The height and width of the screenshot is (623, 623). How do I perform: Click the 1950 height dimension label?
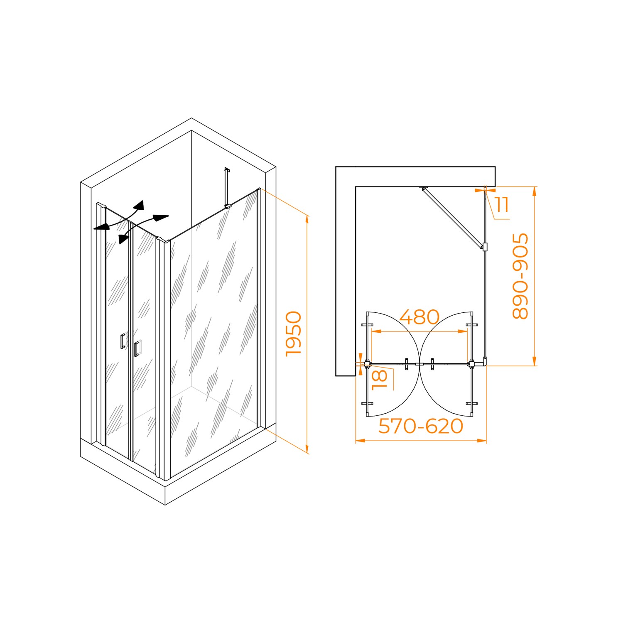pyautogui.click(x=294, y=334)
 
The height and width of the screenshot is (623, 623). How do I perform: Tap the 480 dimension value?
pyautogui.click(x=419, y=317)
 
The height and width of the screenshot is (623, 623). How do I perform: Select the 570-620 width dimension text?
pyautogui.click(x=421, y=426)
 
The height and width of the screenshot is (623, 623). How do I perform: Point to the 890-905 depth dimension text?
pyautogui.click(x=520, y=276)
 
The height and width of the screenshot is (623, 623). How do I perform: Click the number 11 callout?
pyautogui.click(x=502, y=205)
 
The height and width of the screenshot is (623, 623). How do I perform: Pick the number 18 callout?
pyautogui.click(x=380, y=380)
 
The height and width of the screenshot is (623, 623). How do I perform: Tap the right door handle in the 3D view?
pyautogui.click(x=137, y=349)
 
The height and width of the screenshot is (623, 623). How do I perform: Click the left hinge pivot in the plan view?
pyautogui.click(x=367, y=365)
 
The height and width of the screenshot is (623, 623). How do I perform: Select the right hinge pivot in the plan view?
pyautogui.click(x=471, y=365)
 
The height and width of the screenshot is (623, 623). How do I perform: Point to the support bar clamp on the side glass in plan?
pyautogui.click(x=485, y=247)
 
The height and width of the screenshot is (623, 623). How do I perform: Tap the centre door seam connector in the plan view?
pyautogui.click(x=419, y=365)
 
